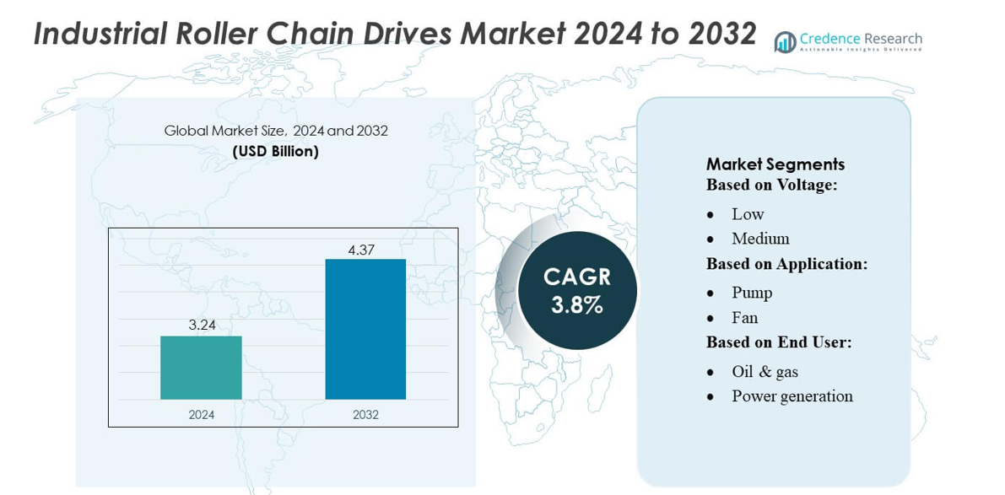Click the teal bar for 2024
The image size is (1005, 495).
[201, 368]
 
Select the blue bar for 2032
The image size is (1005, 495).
[365, 329]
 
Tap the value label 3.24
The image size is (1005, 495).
[201, 324]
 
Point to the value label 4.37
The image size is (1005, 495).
[365, 250]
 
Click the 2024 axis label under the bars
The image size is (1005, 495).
[201, 414]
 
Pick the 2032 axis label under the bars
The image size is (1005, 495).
[365, 414]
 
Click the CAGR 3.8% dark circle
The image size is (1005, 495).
[577, 290]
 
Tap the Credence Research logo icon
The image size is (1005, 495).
[785, 42]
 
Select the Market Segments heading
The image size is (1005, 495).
[775, 164]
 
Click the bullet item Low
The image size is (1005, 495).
[748, 214]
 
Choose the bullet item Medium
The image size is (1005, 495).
[760, 239]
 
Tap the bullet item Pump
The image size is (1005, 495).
[752, 293]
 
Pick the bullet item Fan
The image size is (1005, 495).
[744, 318]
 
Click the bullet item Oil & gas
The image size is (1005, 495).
[765, 371]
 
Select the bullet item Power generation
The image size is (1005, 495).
[792, 395]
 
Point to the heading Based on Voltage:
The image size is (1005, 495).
[771, 185]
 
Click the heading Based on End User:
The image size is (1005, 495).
[778, 342]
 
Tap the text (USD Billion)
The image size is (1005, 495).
[276, 152]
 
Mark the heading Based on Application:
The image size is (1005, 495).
[786, 264]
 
